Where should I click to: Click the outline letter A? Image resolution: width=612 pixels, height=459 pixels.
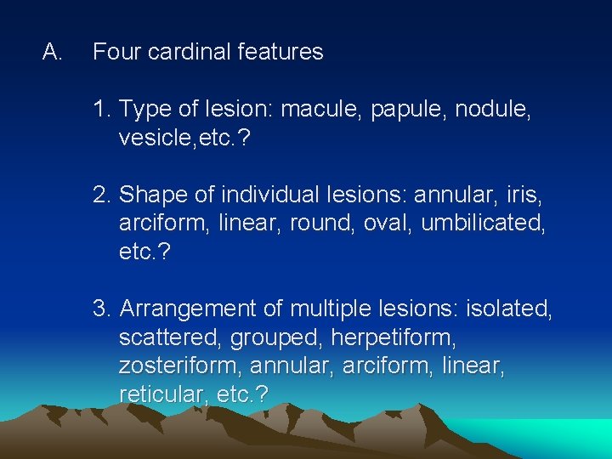(52, 53)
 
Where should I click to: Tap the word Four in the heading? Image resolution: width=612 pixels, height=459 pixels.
(116, 53)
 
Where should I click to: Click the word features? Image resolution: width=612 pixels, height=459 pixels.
(280, 53)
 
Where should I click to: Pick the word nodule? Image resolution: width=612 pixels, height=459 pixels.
(493, 110)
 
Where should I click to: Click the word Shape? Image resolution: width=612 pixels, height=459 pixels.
(149, 195)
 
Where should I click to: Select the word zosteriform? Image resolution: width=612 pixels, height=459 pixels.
(173, 366)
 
